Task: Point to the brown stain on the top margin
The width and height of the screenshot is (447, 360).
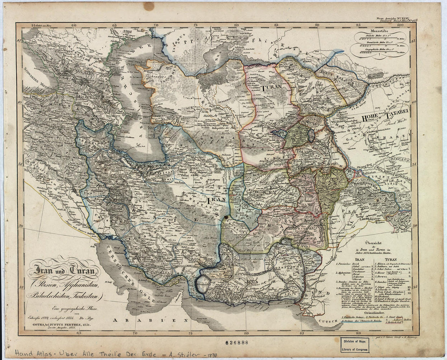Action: point(149,6)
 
